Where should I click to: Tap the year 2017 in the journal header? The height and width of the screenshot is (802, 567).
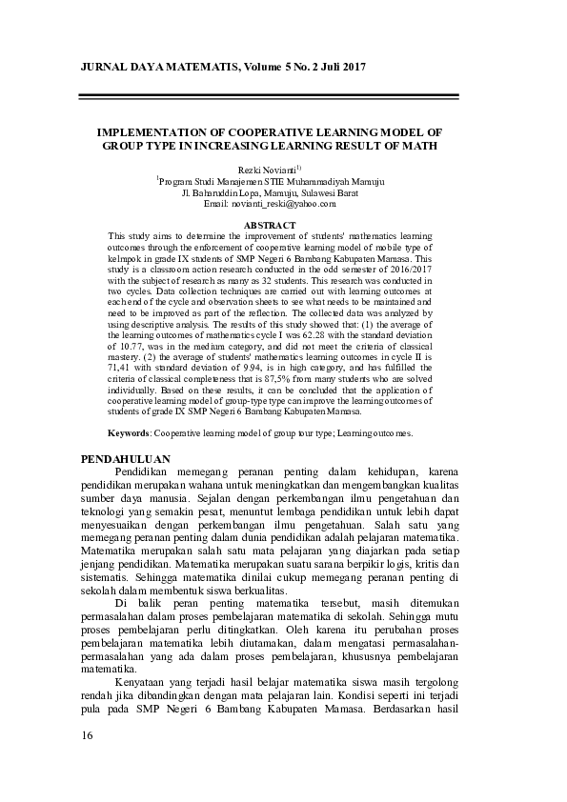click(x=350, y=67)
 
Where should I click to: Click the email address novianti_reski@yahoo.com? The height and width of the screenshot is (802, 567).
click(x=283, y=203)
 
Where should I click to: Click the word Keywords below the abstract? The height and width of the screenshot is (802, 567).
click(x=129, y=432)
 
